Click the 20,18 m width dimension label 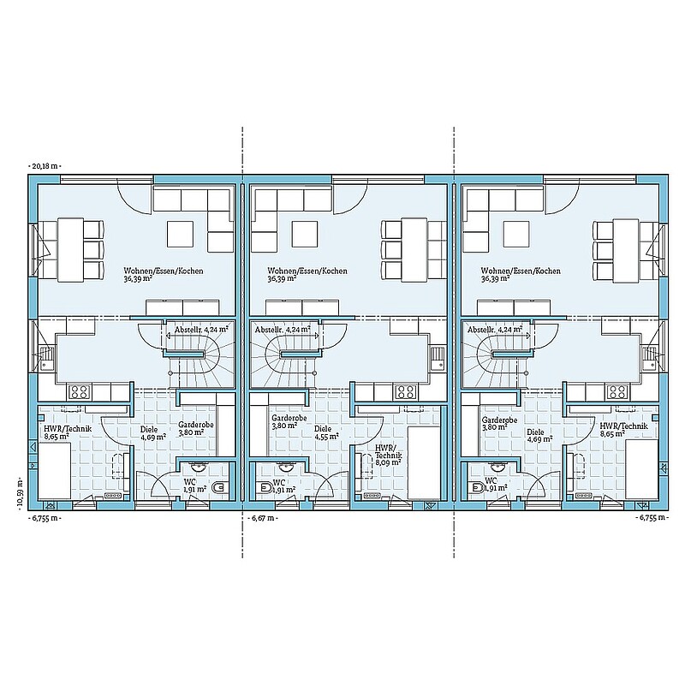pos(45,166)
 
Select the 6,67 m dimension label pos(264,518)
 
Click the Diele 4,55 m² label pos(326,432)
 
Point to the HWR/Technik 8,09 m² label pos(388,455)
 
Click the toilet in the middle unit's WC pos(265,487)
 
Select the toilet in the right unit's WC pos(477,487)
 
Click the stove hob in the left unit pos(79,391)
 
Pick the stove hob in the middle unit pos(405,391)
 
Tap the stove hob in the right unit pos(618,391)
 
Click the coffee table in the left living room pos(180,234)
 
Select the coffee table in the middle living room pos(305,234)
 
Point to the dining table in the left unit pos(70,250)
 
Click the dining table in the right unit pos(626,250)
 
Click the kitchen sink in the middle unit pos(438,358)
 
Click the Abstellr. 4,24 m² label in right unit pos(495,330)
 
